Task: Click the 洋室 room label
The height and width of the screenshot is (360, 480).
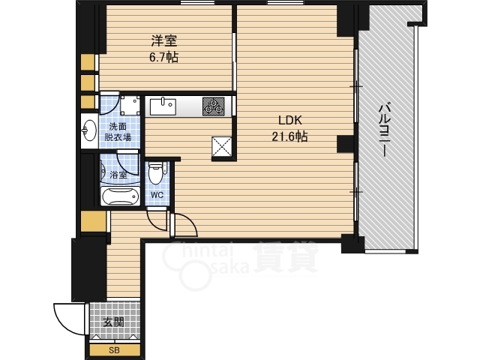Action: tap(164, 41)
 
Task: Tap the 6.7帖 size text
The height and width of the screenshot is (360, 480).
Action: tap(164, 57)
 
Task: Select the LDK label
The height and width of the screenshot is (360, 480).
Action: tap(290, 120)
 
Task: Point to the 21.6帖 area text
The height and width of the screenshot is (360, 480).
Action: tap(290, 136)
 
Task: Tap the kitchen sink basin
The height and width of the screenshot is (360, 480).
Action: tap(163, 106)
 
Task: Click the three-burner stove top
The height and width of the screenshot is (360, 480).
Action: tap(213, 106)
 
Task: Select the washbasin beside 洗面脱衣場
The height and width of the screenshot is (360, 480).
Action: tap(89, 130)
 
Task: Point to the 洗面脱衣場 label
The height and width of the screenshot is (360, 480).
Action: tap(118, 132)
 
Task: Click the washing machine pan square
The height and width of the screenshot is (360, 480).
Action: tap(130, 105)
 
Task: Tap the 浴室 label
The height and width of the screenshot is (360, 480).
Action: tap(118, 175)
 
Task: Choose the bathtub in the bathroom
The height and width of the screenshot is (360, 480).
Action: tap(120, 196)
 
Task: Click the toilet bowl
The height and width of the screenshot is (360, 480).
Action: tap(155, 173)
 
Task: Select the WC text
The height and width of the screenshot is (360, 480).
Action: tap(157, 195)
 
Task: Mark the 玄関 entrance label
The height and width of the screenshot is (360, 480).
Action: tap(113, 322)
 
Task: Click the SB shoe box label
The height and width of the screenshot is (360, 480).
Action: tap(114, 350)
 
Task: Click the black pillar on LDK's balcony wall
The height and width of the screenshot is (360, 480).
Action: tap(346, 143)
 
